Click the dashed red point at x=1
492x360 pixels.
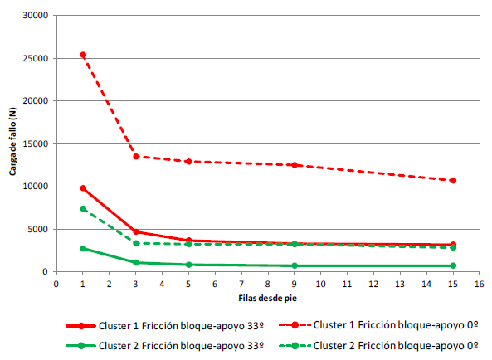(x=83, y=55)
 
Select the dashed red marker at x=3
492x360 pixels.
(x=136, y=156)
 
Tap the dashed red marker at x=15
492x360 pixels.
(x=453, y=180)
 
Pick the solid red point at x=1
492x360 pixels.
(x=83, y=188)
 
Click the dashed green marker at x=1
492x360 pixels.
(x=83, y=208)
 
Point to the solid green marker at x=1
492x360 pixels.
(x=83, y=248)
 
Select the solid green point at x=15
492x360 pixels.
(x=453, y=265)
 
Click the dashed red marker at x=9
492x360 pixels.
(x=295, y=165)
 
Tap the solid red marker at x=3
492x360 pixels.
(x=136, y=232)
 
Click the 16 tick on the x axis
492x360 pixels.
(x=479, y=284)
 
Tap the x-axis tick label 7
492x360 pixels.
(x=241, y=284)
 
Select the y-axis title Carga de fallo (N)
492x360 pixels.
(x=12, y=144)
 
